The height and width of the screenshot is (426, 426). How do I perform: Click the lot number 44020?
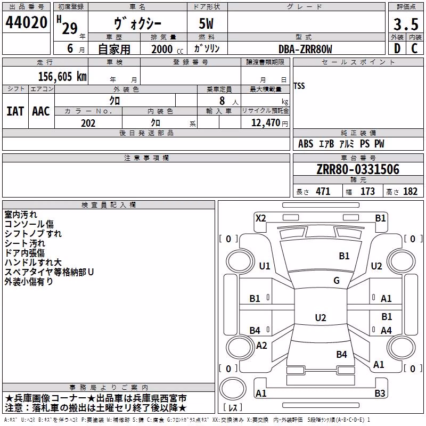tap(26, 22)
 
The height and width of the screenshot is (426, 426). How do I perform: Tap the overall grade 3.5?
tap(406, 24)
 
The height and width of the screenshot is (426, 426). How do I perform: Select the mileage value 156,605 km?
tap(62, 76)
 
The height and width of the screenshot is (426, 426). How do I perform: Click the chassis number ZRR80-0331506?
tap(358, 169)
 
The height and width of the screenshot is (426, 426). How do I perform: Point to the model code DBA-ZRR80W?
tap(305, 49)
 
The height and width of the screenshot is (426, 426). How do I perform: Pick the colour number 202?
tap(88, 123)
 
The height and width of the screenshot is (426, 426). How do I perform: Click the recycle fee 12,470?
tap(265, 123)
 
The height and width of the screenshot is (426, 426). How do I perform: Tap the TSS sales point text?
tap(299, 86)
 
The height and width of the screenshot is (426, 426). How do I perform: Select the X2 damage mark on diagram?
tap(260, 218)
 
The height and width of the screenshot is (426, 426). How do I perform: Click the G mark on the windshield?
tap(337, 280)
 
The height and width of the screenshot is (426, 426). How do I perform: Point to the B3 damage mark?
tap(380, 393)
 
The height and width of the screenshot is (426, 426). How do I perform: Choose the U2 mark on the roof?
tap(321, 317)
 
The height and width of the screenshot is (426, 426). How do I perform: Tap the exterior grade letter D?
tap(397, 48)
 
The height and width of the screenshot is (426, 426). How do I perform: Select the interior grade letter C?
tap(414, 48)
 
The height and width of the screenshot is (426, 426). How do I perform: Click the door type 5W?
tap(206, 23)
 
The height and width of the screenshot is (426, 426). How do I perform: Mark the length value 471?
tap(323, 191)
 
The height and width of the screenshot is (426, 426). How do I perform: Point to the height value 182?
tap(410, 191)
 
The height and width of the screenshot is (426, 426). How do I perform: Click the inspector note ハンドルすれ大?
tap(33, 262)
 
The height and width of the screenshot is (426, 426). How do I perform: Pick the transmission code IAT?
tap(15, 111)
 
